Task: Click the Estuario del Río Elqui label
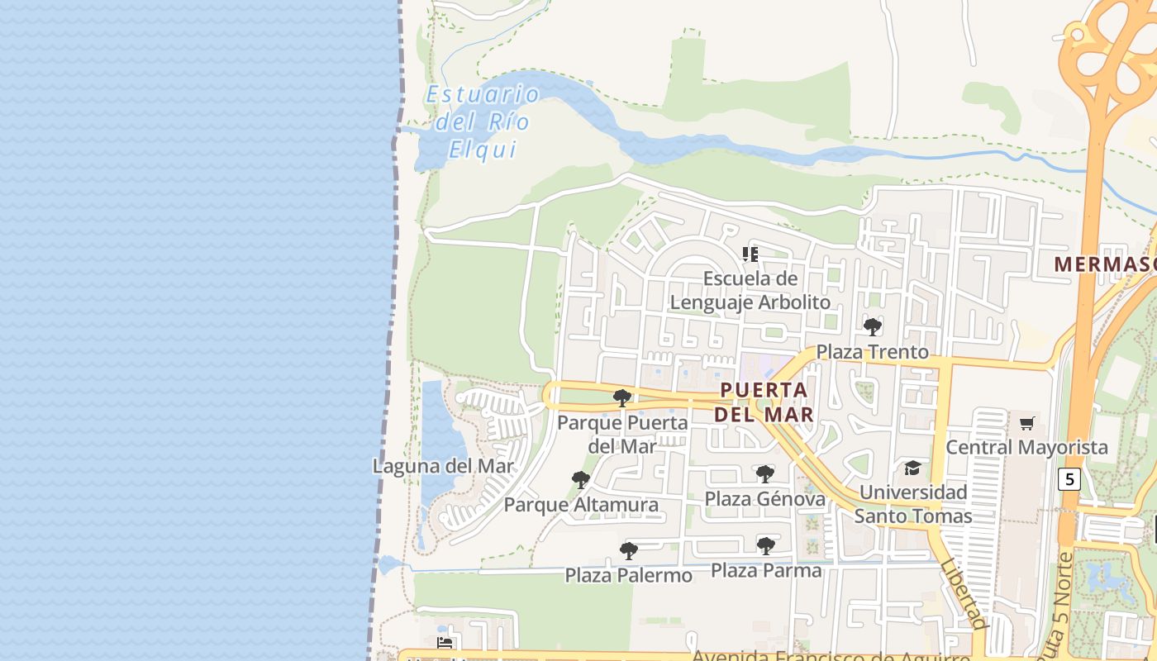pyautogui.click(x=482, y=122)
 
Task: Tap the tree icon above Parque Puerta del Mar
pyautogui.click(x=622, y=398)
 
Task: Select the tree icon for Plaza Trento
pyautogui.click(x=872, y=326)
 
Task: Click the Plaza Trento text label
pyautogui.click(x=872, y=352)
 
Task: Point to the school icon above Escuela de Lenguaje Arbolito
pyautogui.click(x=750, y=254)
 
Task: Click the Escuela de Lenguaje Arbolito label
pyautogui.click(x=750, y=290)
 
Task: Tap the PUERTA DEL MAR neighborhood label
pyautogui.click(x=764, y=402)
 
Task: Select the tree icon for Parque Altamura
pyautogui.click(x=581, y=479)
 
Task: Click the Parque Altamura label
pyautogui.click(x=581, y=504)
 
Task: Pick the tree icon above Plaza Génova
pyautogui.click(x=765, y=473)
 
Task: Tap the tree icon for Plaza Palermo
pyautogui.click(x=629, y=550)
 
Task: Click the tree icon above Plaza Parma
pyautogui.click(x=766, y=545)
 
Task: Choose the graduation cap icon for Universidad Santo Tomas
pyautogui.click(x=912, y=468)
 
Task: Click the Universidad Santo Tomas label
pyautogui.click(x=912, y=504)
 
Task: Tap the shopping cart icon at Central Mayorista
pyautogui.click(x=1026, y=424)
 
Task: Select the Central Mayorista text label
pyautogui.click(x=1026, y=447)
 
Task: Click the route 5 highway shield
pyautogui.click(x=1069, y=478)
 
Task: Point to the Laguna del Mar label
pyautogui.click(x=443, y=466)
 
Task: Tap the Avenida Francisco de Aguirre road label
pyautogui.click(x=831, y=656)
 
